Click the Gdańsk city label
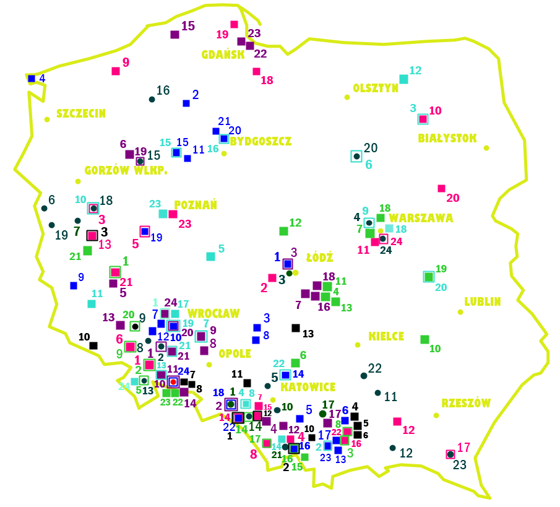223,54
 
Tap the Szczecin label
80,113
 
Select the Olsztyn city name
376,88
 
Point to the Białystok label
447,138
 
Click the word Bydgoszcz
261,141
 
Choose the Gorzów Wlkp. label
126,170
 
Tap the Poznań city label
196,205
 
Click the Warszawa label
421,218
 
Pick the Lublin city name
483,301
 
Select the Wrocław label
213,313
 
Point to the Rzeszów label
465,403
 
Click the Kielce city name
386,336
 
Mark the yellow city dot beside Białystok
486,148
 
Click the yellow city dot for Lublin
460,312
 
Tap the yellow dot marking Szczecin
47,119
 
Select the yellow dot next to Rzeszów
436,415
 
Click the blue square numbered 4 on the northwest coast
32,79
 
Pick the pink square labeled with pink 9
116,71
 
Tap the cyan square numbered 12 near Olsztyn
403,79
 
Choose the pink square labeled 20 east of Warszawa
441,188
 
